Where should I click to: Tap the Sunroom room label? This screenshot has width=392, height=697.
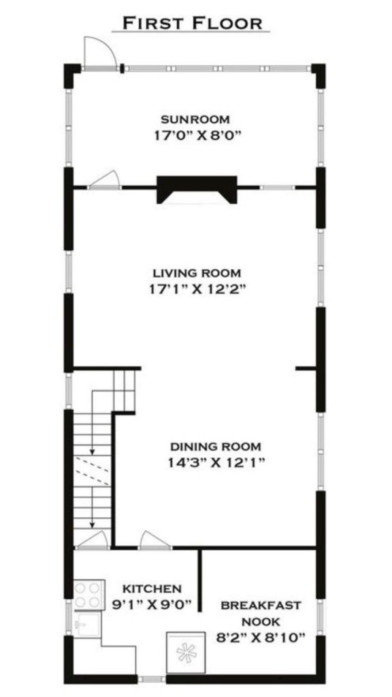click(195, 120)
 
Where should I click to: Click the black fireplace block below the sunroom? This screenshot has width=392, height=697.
click(197, 188)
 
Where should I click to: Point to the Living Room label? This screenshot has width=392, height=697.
click(196, 274)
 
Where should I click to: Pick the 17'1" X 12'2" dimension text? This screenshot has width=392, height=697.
click(196, 289)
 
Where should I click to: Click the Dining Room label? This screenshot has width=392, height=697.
click(215, 447)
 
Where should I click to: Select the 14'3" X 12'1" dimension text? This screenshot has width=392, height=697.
click(215, 463)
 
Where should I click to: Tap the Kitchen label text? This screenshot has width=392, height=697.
click(152, 588)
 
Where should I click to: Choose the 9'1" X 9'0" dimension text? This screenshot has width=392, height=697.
click(152, 604)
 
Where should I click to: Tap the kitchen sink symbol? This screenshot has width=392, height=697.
click(86, 623)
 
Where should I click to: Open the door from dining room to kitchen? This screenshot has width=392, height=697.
click(154, 540)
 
